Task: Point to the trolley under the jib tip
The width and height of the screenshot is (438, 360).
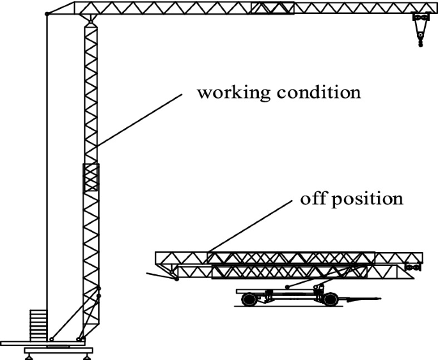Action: tap(419, 20)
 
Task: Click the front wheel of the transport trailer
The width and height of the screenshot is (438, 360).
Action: tap(331, 299)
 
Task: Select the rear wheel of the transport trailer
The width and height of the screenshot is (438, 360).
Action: tap(250, 299)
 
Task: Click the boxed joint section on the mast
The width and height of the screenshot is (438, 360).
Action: tap(90, 178)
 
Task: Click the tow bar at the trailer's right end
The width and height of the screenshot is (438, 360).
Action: tap(362, 297)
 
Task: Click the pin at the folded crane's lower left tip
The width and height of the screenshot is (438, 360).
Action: tap(176, 279)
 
